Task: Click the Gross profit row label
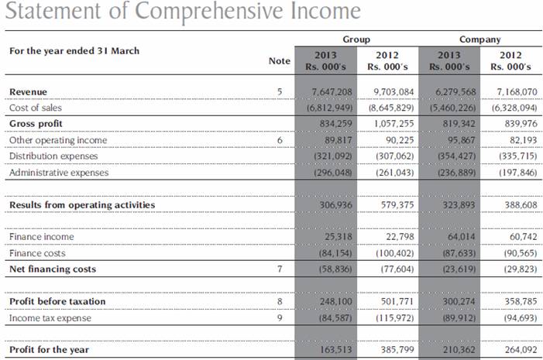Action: (36, 124)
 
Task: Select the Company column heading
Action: (479, 39)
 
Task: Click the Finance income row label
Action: (41, 237)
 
